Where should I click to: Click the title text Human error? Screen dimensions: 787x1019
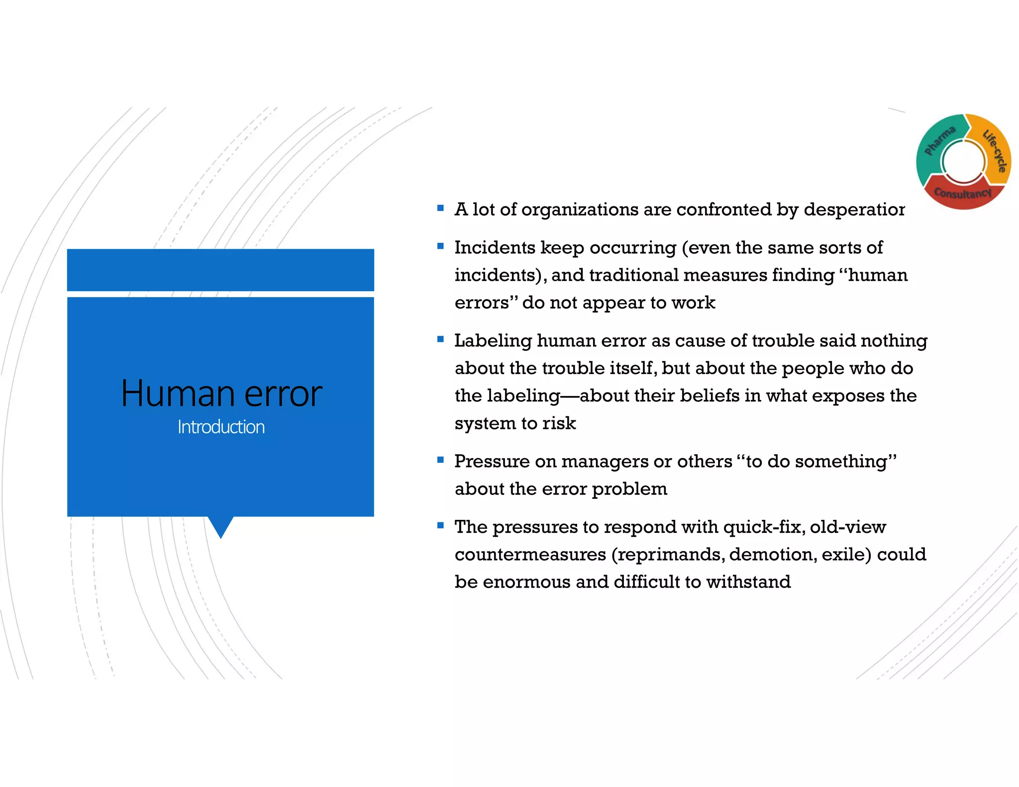pos(221,393)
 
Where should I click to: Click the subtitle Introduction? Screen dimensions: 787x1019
pos(221,427)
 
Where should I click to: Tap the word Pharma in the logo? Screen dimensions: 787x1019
pos(939,140)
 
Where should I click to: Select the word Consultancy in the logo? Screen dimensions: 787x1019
pos(962,193)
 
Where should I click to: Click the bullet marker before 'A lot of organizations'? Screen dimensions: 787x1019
pos(440,208)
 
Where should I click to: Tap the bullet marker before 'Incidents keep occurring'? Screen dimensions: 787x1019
pos(440,246)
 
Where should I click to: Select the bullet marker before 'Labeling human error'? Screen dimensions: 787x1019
pos(440,339)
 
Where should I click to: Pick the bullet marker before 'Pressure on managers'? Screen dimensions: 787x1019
pos(440,460)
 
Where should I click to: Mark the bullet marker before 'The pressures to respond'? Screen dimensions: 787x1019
pos(440,525)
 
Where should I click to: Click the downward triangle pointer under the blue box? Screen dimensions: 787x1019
pos(220,526)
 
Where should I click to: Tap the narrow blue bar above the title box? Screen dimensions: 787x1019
pos(220,270)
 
